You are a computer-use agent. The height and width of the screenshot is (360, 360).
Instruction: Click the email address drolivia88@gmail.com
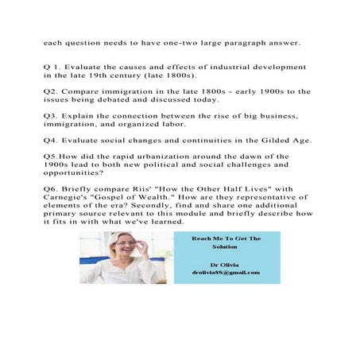[226, 273]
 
